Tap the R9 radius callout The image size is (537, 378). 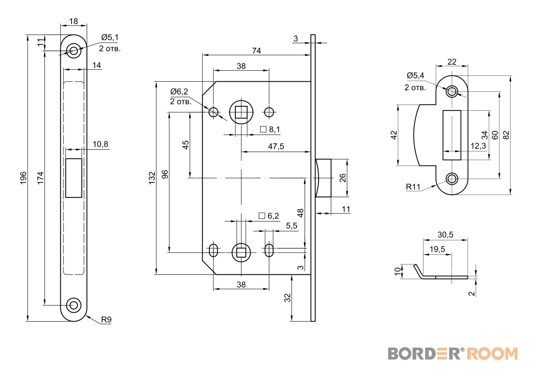click(106, 320)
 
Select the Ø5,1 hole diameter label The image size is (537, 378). click(110, 38)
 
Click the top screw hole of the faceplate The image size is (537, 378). click(74, 50)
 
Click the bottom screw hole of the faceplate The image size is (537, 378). click(74, 305)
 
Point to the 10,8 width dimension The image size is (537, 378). click(101, 144)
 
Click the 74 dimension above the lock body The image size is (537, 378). click(256, 50)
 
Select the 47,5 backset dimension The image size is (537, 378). click(276, 147)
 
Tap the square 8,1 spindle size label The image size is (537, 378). click(270, 130)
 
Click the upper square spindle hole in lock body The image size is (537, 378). click(242, 112)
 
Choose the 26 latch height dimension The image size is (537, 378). click(343, 177)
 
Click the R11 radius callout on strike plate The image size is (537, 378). click(413, 188)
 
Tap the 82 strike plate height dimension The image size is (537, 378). click(506, 135)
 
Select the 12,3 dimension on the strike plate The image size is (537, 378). click(477, 146)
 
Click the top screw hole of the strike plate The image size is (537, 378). click(452, 91)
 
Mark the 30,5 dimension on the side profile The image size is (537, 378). click(445, 235)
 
